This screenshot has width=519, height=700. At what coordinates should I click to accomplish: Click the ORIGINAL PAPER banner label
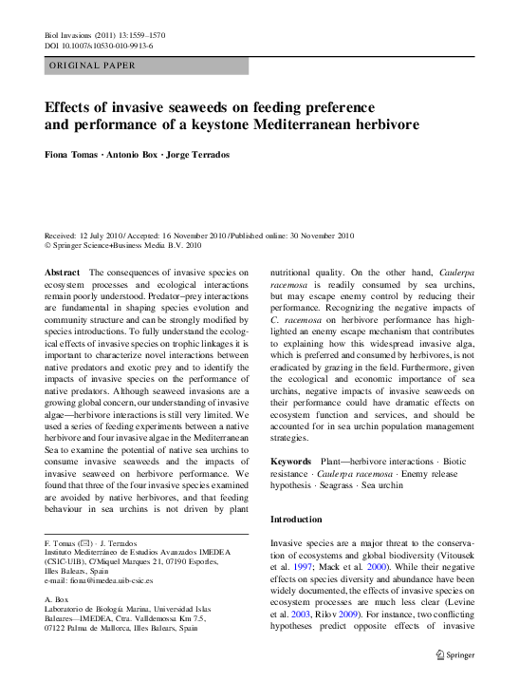pos(91,66)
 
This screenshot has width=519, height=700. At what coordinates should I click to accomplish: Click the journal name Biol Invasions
pos(69,35)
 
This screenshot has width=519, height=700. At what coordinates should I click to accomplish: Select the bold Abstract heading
pos(62,273)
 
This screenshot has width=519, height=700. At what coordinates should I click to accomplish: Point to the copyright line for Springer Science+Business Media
pos(123,244)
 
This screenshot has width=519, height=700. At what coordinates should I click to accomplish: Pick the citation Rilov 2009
pos(343,614)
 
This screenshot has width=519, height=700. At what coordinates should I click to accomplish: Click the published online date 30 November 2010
pos(315,235)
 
